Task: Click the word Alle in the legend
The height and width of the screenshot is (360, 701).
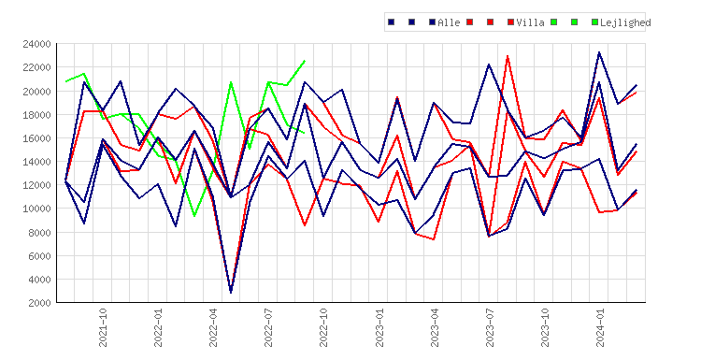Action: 449,22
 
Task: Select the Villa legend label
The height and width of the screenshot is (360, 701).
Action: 530,22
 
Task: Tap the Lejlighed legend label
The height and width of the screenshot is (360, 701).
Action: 625,22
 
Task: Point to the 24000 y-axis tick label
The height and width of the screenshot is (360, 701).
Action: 36,44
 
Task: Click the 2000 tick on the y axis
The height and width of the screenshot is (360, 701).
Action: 39,303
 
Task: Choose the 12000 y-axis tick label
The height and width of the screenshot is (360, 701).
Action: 36,185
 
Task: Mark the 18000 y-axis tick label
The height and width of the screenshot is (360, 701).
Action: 36,114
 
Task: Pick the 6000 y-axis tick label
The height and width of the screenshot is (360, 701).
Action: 39,256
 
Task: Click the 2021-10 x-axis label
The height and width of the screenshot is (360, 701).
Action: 103,327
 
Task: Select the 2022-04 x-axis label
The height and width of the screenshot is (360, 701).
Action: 213,327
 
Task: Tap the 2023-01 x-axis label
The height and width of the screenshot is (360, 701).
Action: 379,327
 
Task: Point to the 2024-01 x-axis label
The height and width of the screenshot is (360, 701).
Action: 600,327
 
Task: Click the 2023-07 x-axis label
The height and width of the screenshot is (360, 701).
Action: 490,327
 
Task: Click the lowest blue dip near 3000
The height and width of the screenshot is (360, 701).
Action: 231,293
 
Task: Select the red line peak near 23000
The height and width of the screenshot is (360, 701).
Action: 508,56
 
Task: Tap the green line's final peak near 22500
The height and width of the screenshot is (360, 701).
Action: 305,61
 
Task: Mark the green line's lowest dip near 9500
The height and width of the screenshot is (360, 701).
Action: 194,216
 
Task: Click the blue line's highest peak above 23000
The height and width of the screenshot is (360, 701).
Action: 599,52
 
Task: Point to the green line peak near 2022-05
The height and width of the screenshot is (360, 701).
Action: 231,82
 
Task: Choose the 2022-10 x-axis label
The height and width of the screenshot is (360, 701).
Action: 323,327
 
